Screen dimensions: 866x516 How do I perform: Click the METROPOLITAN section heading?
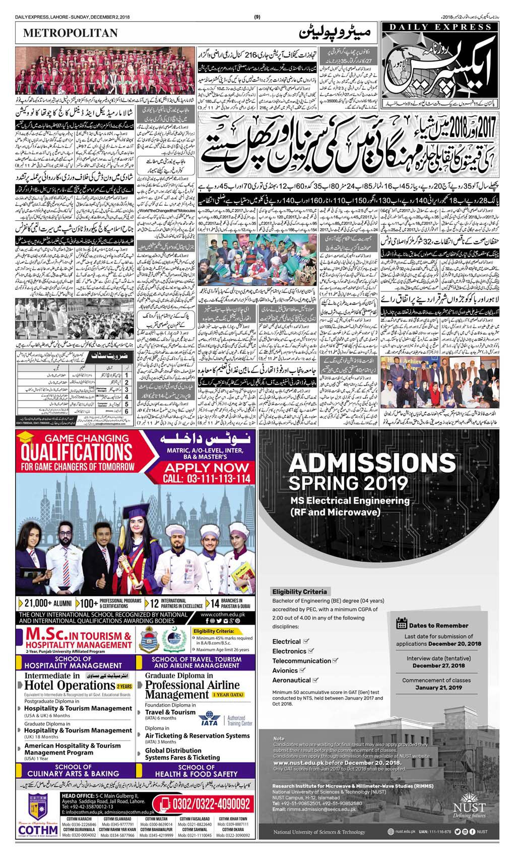coord(70,33)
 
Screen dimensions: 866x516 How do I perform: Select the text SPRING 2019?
coord(348,483)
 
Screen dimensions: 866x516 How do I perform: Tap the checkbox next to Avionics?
coord(302,670)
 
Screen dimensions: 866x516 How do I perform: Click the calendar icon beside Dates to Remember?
coord(402,624)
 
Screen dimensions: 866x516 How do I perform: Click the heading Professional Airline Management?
coord(192,690)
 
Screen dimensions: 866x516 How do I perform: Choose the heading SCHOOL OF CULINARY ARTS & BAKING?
coord(73,770)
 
